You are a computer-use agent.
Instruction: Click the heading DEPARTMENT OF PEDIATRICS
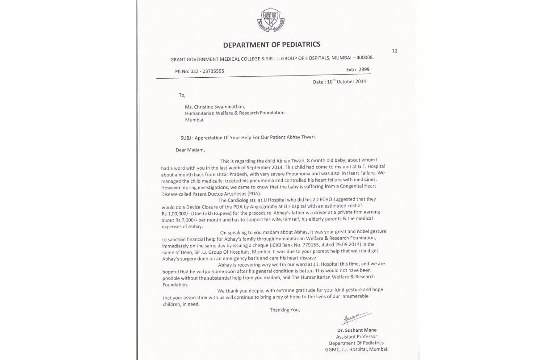click(272, 44)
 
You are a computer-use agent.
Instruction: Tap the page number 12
click(394, 50)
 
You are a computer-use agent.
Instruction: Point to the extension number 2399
click(364, 69)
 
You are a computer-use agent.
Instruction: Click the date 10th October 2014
click(345, 81)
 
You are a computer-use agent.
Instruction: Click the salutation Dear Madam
click(190, 150)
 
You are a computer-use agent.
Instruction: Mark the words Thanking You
click(285, 310)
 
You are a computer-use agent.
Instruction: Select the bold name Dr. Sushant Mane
click(357, 331)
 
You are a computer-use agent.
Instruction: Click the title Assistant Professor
click(356, 337)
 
